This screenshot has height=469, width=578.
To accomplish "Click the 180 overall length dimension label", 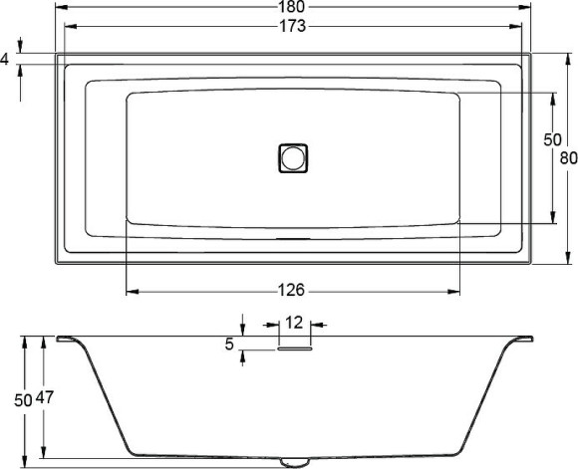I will point(293,8).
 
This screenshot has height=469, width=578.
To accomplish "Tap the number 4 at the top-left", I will point(5,60).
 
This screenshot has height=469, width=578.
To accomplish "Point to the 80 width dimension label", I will point(569,157).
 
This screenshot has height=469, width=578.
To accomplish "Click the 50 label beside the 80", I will point(552,140).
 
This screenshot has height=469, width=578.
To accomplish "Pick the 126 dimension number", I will point(291,291).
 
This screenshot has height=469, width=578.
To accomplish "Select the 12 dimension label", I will point(293,323).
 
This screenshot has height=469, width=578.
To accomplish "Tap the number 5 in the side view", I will point(229,344).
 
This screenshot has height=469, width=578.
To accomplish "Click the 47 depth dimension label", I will point(45,398).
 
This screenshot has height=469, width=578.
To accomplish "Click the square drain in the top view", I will point(293,157).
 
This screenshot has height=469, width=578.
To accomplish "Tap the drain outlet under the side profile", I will point(293,461).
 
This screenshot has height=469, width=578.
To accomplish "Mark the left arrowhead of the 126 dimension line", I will point(131,291).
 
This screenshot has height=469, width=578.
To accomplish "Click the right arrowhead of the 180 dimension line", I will point(527,8).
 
